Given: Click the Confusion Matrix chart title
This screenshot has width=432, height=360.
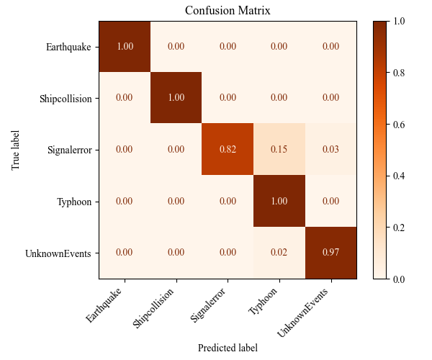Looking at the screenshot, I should tap(228, 10).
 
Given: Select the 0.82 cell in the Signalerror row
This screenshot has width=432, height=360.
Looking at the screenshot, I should tap(228, 150).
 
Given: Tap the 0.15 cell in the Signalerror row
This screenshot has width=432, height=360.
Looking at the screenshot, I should tap(279, 150).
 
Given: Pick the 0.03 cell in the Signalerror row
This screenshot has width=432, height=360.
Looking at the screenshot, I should tap(330, 150).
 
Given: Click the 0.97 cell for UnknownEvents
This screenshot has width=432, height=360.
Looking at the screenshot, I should tap(330, 253).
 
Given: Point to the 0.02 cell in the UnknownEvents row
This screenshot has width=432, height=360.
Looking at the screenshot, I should tap(279, 253).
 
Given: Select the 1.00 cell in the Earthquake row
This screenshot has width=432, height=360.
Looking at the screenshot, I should tap(125, 47).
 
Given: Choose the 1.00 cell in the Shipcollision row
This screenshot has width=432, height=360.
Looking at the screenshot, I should tap(176, 98).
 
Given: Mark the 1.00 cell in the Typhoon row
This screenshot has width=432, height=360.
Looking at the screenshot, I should tap(279, 201).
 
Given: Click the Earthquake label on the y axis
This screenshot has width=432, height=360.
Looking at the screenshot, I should tap(68, 47).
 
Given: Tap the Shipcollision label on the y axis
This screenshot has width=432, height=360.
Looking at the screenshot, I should tap(66, 98).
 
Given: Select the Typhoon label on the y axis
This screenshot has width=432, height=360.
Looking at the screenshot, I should tap(75, 201).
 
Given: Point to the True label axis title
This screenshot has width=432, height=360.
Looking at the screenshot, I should tap(16, 150).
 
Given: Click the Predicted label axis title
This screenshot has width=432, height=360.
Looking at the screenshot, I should tap(228, 347).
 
